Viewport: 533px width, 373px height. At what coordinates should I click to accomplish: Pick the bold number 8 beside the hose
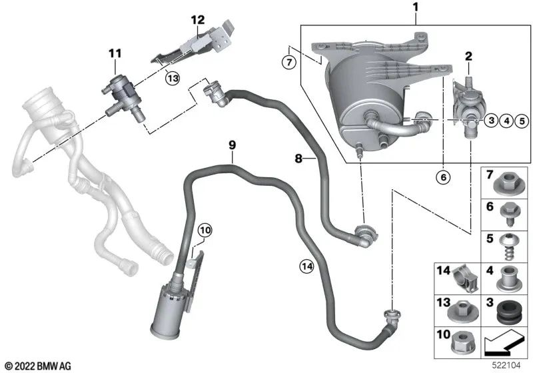[x=299, y=159]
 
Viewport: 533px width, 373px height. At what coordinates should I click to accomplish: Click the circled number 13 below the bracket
[x=173, y=77]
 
